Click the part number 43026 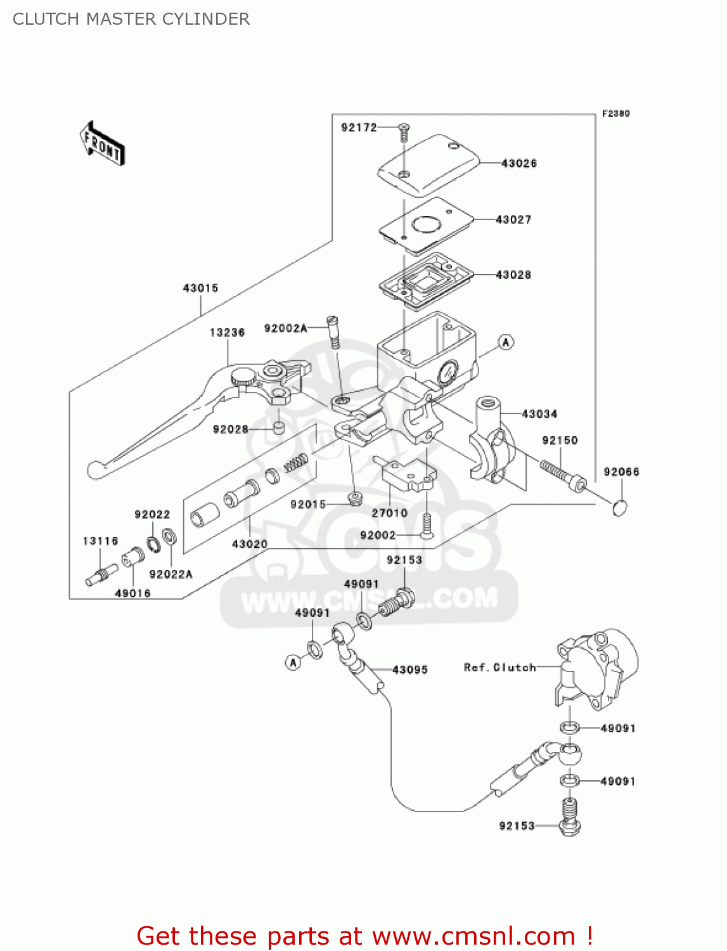[518, 164]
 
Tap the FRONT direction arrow [102, 144]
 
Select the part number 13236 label [227, 333]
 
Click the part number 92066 [621, 472]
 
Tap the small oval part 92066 [620, 508]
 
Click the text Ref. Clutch [499, 668]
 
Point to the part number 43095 [410, 670]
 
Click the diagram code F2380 [615, 113]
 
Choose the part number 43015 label [200, 288]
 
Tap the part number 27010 [389, 513]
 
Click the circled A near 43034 [505, 342]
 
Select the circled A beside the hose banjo [293, 663]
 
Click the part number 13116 [100, 541]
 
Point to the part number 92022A [170, 574]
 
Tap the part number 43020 [250, 544]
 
